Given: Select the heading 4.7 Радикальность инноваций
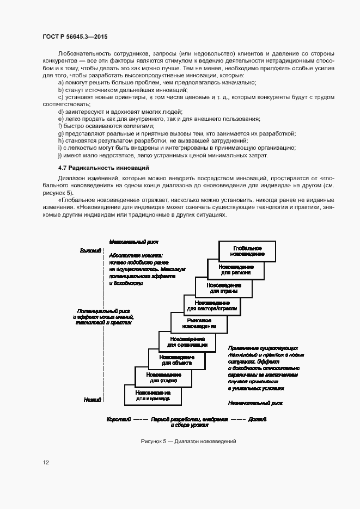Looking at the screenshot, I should coord(103,168).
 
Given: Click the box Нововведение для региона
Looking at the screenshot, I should coord(235,269).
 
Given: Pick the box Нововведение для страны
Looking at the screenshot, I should coord(223,287).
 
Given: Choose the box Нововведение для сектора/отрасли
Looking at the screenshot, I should coord(212,305).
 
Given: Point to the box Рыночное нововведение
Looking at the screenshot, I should coord(199,323).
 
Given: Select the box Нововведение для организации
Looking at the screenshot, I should coord(186,341).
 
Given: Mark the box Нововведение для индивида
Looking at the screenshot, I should coord(153,395).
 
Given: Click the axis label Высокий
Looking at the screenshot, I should coord(91,250).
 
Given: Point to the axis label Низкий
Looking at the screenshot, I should coord(93,400).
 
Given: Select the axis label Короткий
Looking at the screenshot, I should coord(119,420).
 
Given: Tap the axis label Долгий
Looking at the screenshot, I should coord(257,420).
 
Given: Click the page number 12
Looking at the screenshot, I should coord(46,463).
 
